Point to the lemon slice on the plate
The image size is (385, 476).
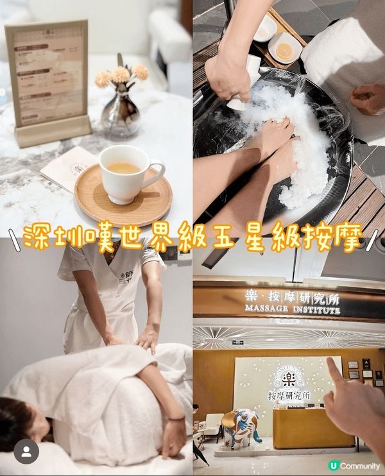click(284, 52)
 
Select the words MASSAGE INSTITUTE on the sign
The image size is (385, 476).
click(292, 310)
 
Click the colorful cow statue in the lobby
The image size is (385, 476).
click(241, 426)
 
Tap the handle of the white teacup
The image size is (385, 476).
click(157, 171)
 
